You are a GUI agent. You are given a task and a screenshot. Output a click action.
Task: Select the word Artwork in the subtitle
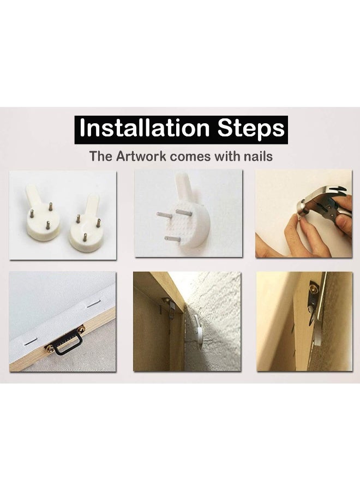(141, 156)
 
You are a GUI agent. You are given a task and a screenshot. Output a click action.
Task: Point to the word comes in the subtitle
(190, 157)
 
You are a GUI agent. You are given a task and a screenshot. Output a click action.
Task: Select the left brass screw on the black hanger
(50, 348)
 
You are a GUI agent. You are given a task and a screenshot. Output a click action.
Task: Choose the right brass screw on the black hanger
(81, 329)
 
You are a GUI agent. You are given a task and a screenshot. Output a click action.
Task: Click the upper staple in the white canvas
(93, 303)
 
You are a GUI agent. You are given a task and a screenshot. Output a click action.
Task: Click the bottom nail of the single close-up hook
(172, 239)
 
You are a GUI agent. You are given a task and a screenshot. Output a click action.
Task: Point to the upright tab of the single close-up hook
(184, 188)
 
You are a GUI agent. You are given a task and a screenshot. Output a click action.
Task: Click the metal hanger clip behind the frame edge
(168, 307)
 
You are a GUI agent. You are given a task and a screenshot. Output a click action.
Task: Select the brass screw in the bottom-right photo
(313, 288)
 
